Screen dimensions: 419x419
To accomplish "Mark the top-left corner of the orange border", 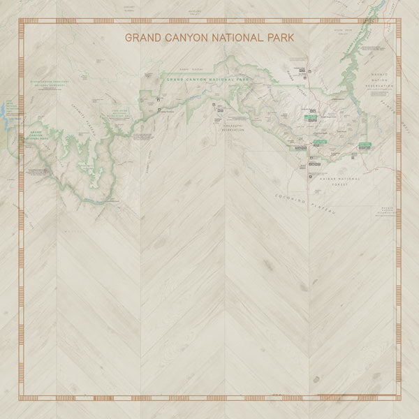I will [20, 21].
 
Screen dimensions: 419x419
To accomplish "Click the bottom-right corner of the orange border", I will [399, 399].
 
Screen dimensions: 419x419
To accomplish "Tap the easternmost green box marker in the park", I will [365, 145].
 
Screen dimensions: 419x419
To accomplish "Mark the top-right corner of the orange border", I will [399, 21].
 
